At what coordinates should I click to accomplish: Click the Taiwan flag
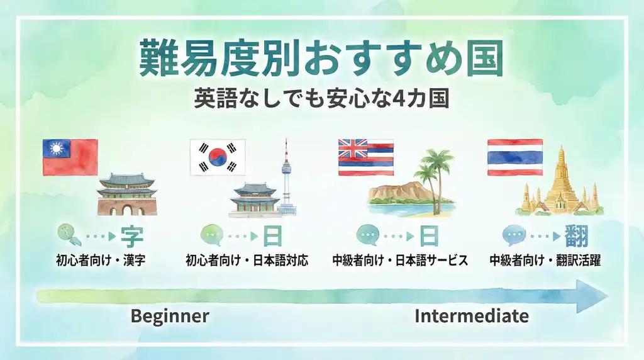[70, 157]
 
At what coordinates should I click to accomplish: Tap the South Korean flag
[218, 157]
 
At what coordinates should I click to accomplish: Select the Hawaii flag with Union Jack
[365, 157]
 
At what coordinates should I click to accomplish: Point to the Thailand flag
[514, 157]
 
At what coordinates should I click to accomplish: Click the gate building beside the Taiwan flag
[127, 194]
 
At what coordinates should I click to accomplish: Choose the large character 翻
[576, 236]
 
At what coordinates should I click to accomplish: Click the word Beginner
[169, 316]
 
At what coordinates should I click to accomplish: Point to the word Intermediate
[471, 316]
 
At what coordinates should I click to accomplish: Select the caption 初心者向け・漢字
[101, 260]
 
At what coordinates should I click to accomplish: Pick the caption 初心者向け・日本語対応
[247, 260]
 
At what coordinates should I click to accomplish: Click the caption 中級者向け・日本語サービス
[400, 260]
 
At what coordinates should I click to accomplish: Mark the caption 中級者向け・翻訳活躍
[545, 260]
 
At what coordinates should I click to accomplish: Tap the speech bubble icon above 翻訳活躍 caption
[513, 236]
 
